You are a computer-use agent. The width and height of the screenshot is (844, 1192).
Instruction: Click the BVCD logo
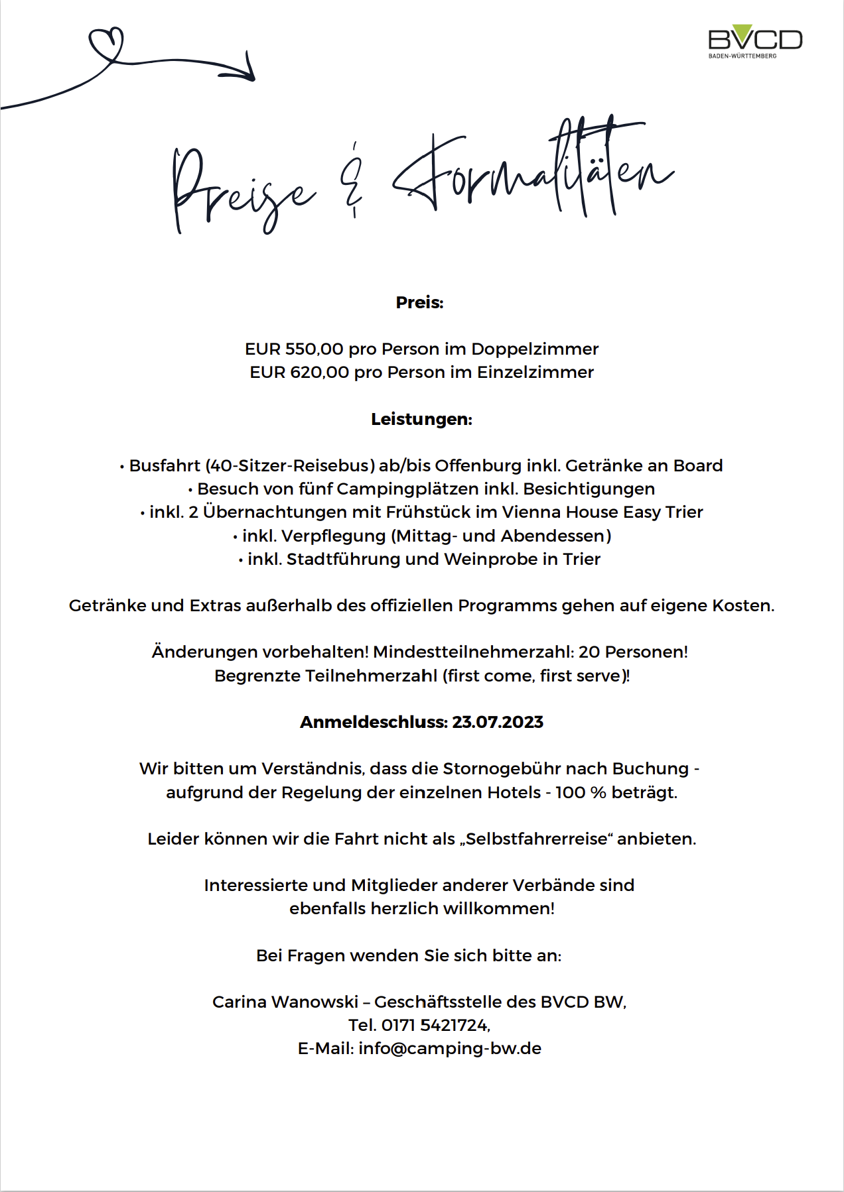click(755, 41)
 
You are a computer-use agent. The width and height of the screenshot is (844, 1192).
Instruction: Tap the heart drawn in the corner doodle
click(106, 42)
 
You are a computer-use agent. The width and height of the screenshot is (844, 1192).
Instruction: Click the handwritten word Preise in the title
click(242, 189)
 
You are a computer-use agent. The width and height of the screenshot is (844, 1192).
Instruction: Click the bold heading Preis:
click(419, 303)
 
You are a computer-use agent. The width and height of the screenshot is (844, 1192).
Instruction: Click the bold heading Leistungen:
click(421, 420)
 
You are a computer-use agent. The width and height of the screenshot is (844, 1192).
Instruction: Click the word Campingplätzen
click(407, 489)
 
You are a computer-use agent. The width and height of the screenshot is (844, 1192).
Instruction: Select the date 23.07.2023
click(498, 723)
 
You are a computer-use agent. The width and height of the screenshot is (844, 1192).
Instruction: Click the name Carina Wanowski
click(285, 1002)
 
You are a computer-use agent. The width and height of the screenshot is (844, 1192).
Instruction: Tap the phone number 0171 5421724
click(436, 1026)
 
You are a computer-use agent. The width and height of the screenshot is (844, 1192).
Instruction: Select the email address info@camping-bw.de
click(450, 1049)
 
